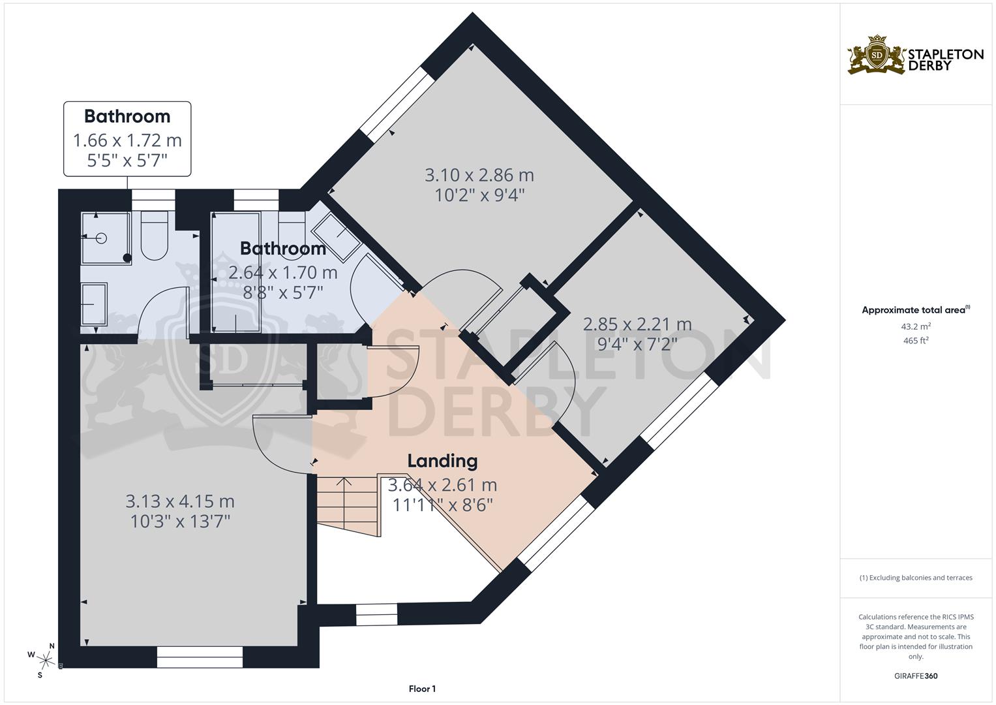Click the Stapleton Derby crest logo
tap(877, 55)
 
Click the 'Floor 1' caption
tap(422, 689)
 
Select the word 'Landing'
tap(442, 461)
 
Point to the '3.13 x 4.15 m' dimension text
tap(180, 501)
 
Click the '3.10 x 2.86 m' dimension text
tap(479, 175)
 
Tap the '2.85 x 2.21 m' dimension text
tap(637, 324)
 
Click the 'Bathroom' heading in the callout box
tap(127, 116)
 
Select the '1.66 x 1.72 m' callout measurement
tap(127, 140)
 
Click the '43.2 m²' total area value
tap(916, 326)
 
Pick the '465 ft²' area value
tap(916, 341)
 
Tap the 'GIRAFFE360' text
tap(916, 676)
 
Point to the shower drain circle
tap(101, 238)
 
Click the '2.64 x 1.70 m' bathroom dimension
tap(283, 272)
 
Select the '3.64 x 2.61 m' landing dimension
tap(442, 484)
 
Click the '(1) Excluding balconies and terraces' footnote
tap(916, 578)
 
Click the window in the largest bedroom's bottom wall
tap(200, 657)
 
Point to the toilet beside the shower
tap(155, 236)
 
